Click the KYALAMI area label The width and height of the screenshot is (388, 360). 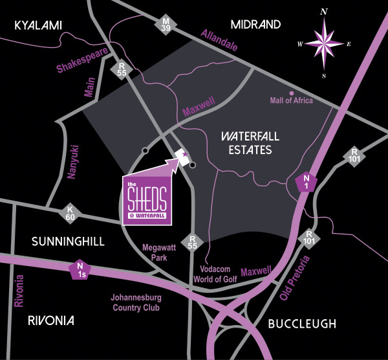point(38,25)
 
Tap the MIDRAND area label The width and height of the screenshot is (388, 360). point(255,25)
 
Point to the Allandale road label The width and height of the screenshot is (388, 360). point(219,41)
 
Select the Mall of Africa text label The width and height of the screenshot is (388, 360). point(290,101)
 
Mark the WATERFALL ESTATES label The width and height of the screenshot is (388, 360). point(246,144)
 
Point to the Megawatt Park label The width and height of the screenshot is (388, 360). point(155,253)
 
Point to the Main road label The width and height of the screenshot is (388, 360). point(90,88)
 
